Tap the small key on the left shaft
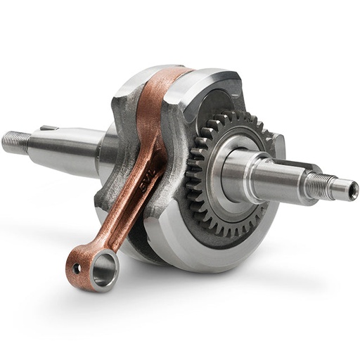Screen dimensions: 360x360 [x=48, y=129]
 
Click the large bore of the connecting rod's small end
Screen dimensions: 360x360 [x=103, y=269]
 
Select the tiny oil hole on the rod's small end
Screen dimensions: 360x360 [x=77, y=268]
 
